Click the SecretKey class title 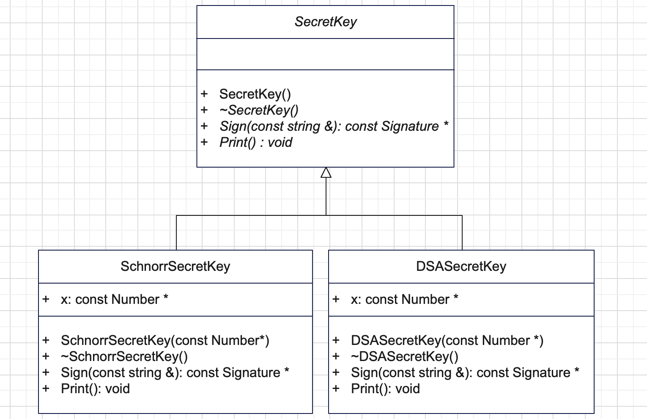click(326, 22)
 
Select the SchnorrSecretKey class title click(175, 266)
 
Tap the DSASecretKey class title click(461, 266)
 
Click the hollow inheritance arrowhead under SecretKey click(326, 172)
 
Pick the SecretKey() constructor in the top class click(255, 94)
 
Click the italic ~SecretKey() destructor click(259, 110)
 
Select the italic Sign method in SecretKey click(334, 127)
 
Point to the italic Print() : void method click(256, 142)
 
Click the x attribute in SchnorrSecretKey click(114, 299)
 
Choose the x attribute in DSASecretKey click(404, 299)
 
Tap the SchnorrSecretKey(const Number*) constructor click(165, 340)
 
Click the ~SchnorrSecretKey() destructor click(124, 356)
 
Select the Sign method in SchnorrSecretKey click(175, 373)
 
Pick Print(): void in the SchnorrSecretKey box click(95, 389)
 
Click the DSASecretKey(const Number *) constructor click(447, 340)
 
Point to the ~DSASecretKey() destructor click(404, 356)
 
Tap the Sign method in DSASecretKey click(465, 373)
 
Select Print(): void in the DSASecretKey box click(385, 389)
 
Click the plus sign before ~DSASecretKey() click(336, 356)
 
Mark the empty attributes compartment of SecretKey click(325, 54)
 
